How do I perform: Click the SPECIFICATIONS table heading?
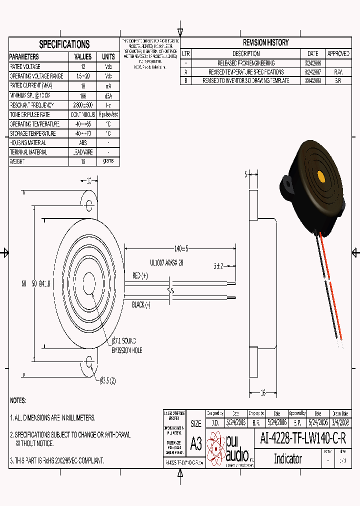coord(64,44)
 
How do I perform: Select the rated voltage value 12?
coord(83,66)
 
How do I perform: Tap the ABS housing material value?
coord(83,143)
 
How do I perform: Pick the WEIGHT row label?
coord(17,162)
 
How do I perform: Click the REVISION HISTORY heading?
coord(265,42)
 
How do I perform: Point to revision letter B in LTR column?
coord(186,80)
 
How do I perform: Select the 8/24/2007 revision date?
coord(313,72)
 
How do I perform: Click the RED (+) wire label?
coord(140,275)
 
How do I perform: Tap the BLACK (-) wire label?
coord(141,304)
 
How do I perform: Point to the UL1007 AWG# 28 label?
coord(166,262)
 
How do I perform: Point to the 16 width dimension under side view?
coord(262,392)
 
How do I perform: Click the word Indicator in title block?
coord(287,459)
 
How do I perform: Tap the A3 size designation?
coord(196,443)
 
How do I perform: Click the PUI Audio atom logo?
coord(216,446)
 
